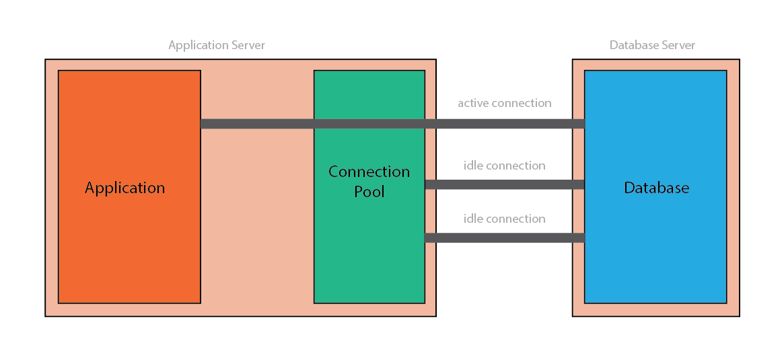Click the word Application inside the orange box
click(124, 188)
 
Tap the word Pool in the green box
click(369, 192)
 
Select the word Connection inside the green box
click(369, 172)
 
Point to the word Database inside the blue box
click(656, 188)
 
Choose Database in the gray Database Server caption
click(631, 45)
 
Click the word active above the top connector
click(474, 103)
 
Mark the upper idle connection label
click(504, 166)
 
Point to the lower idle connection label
click(504, 219)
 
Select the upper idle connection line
click(504, 184)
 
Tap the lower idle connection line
click(504, 238)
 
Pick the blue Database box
click(656, 256)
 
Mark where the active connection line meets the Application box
click(202, 124)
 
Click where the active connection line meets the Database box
click(583, 124)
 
